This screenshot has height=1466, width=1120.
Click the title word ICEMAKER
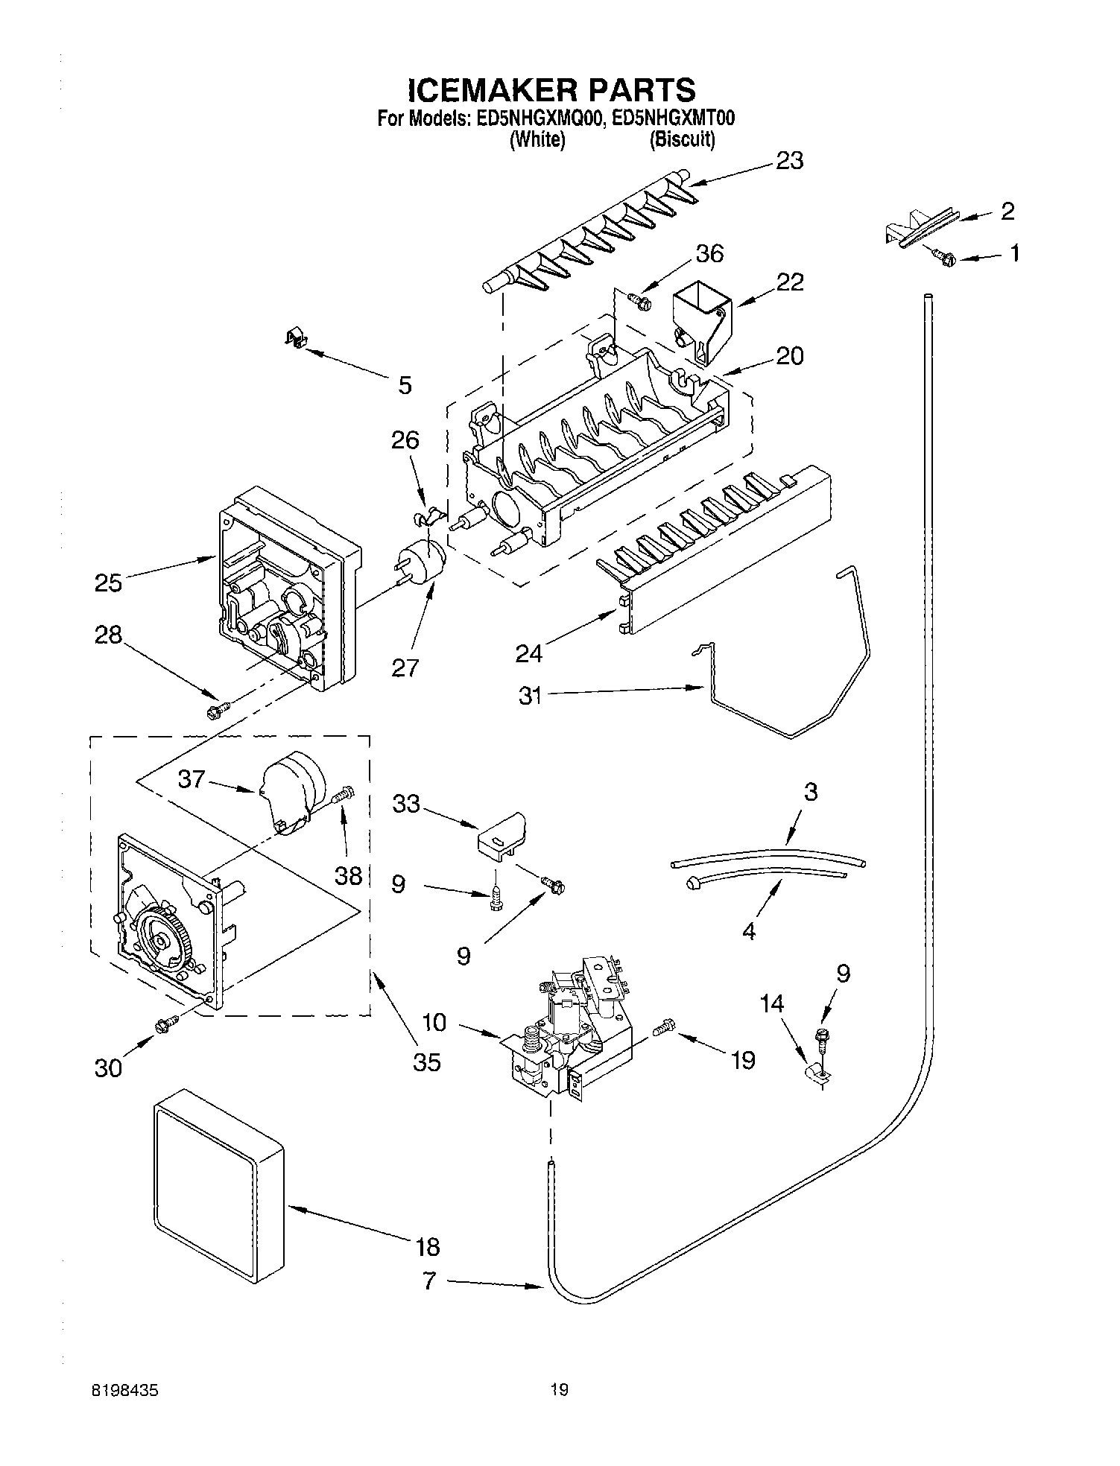coord(493,90)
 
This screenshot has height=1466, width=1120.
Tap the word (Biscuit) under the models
coord(682,139)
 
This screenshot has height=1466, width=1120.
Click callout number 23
coord(789,161)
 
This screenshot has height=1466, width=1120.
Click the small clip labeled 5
coord(297,340)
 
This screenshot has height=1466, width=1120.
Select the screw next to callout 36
coord(639,301)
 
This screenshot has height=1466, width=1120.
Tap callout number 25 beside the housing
coord(108,583)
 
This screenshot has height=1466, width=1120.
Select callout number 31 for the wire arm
coord(530,697)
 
